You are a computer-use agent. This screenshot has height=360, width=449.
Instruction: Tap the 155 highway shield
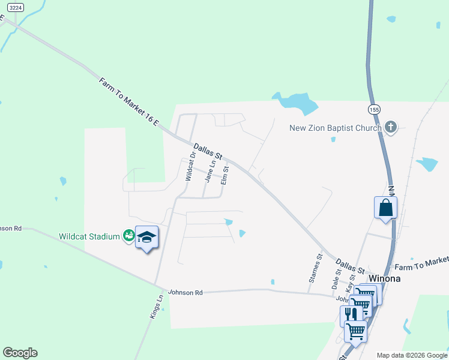point(375,109)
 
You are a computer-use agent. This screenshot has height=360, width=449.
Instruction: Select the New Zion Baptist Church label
point(335,128)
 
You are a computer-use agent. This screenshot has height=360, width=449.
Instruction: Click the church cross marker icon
point(391,127)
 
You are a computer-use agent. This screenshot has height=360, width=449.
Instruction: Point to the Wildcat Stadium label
point(89,236)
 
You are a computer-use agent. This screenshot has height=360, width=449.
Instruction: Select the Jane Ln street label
point(209,171)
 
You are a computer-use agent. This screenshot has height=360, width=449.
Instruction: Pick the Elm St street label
point(226,171)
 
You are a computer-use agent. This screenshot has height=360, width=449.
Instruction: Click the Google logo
point(20,353)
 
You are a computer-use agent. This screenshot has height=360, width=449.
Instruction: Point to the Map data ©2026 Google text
point(411,355)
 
